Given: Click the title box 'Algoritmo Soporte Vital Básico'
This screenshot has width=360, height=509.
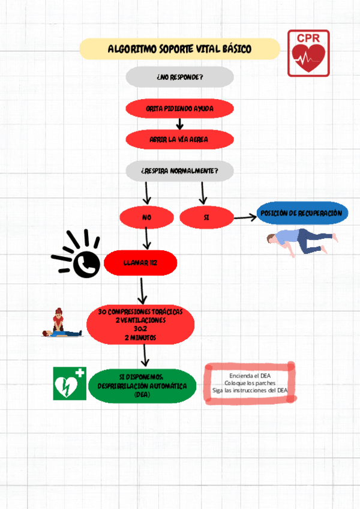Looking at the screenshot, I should point(179,49).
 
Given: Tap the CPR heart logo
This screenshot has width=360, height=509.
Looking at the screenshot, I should point(308,53).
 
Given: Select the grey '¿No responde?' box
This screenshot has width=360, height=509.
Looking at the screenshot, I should point(179,77).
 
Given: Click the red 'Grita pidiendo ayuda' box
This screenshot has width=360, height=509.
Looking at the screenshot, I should point(179,109).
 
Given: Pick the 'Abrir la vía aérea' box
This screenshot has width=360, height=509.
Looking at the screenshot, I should point(179,139).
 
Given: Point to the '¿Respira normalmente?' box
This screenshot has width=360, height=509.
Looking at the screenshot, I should point(179,171).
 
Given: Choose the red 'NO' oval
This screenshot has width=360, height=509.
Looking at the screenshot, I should point(146,217).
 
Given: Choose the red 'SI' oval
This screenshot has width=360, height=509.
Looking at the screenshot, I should point(206,217).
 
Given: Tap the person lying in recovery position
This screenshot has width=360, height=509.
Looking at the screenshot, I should point(298,242).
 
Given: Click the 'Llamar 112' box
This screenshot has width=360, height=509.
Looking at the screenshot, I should point(140,263).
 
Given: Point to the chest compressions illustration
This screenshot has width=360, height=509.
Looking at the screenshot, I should point(60,324).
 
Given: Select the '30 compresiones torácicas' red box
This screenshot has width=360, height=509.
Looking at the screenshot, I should point(140,325).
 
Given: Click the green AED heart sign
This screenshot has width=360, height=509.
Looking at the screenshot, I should point(69,384).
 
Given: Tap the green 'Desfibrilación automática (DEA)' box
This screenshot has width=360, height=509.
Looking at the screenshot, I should point(142,385).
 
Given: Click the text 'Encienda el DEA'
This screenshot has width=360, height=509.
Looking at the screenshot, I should point(250,376).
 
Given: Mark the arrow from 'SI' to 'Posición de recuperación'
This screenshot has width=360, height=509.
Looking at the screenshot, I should point(245,217).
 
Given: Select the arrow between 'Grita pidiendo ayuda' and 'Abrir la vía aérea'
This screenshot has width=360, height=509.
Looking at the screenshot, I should point(179,124).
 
